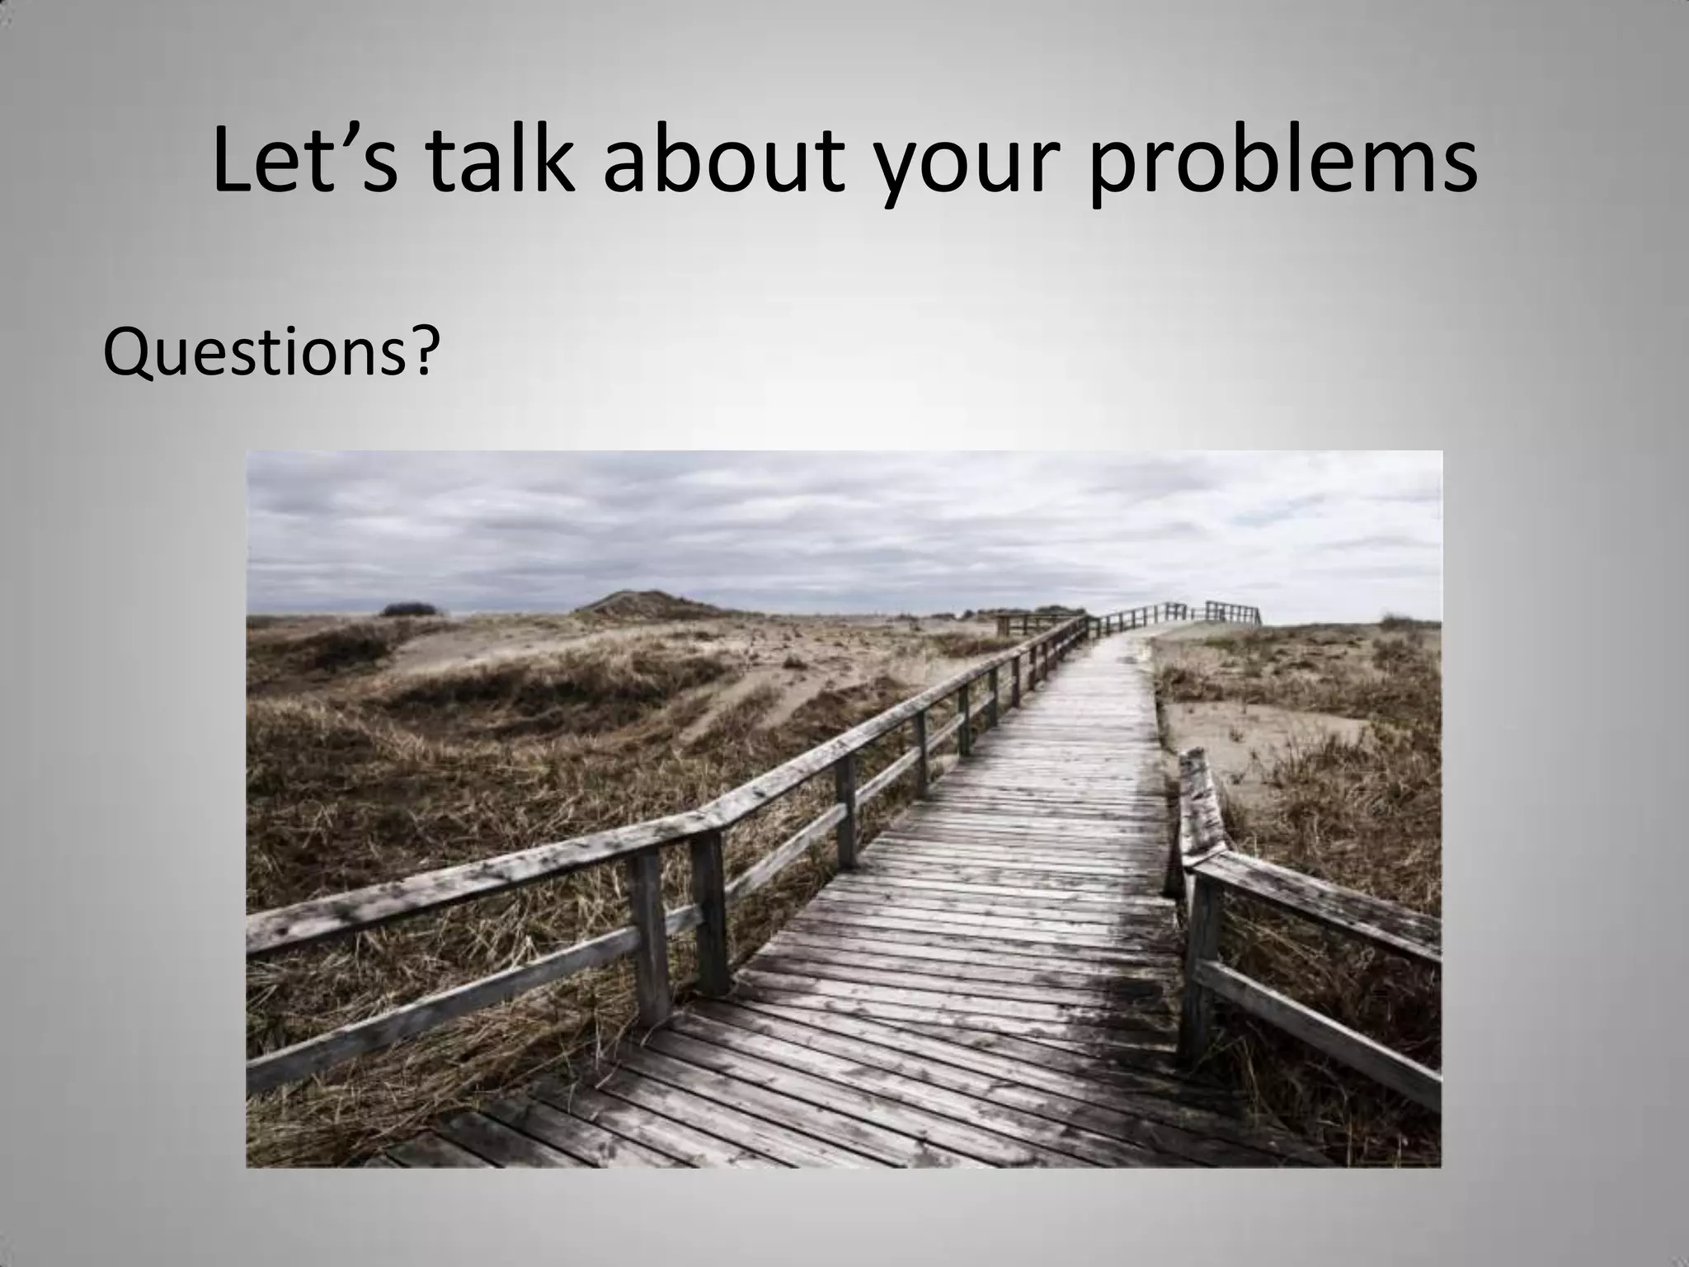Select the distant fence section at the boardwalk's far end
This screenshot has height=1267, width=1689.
(1229, 612)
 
